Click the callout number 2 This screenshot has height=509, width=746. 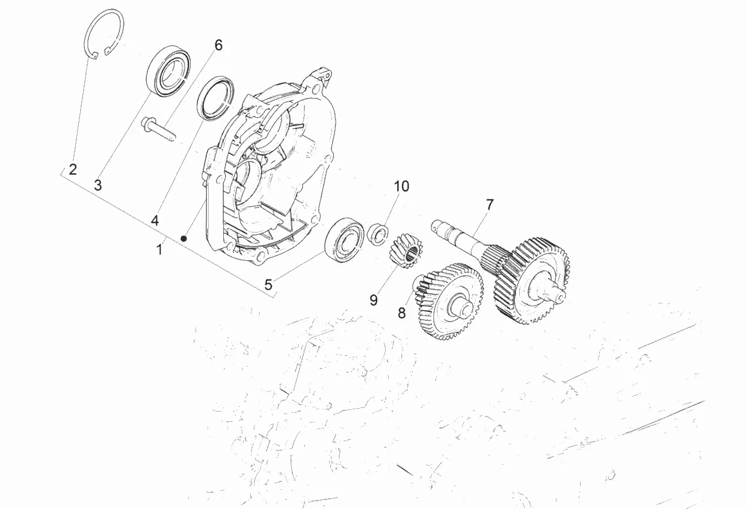tap(73, 169)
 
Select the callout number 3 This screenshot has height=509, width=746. tap(98, 185)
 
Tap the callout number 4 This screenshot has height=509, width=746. tap(155, 221)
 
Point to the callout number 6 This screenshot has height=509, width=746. tap(218, 45)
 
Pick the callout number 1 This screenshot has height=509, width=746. tap(159, 249)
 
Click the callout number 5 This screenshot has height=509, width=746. tap(268, 284)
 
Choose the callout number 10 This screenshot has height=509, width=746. tap(401, 186)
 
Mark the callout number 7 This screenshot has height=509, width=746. tap(489, 204)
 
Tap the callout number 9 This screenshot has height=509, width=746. tap(374, 299)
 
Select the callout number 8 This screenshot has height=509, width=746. tap(401, 312)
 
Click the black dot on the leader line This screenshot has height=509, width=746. tap(185, 239)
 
